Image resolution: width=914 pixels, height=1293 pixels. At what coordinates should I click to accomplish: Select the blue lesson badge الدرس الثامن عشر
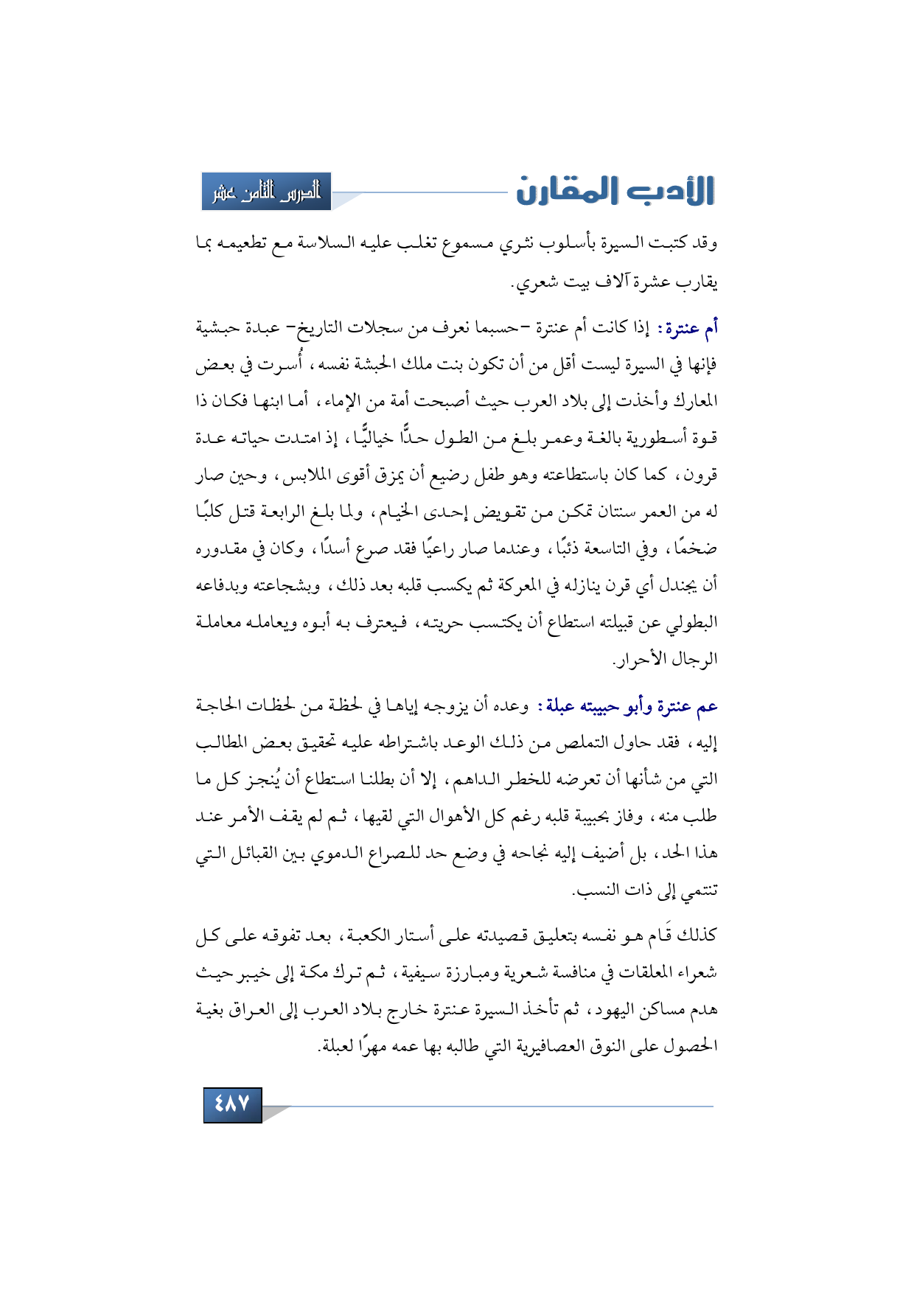pyautogui.click(x=266, y=192)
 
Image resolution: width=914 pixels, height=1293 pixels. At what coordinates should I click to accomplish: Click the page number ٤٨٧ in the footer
pyautogui.click(x=232, y=1104)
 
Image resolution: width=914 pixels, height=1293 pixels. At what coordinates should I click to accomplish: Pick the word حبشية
pyautogui.click(x=219, y=327)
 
